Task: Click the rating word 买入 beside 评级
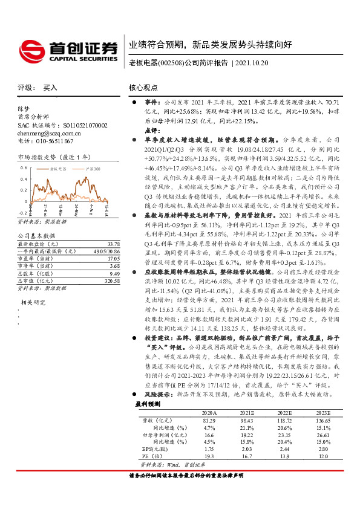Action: [50, 88]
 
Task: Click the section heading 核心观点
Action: [143, 88]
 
